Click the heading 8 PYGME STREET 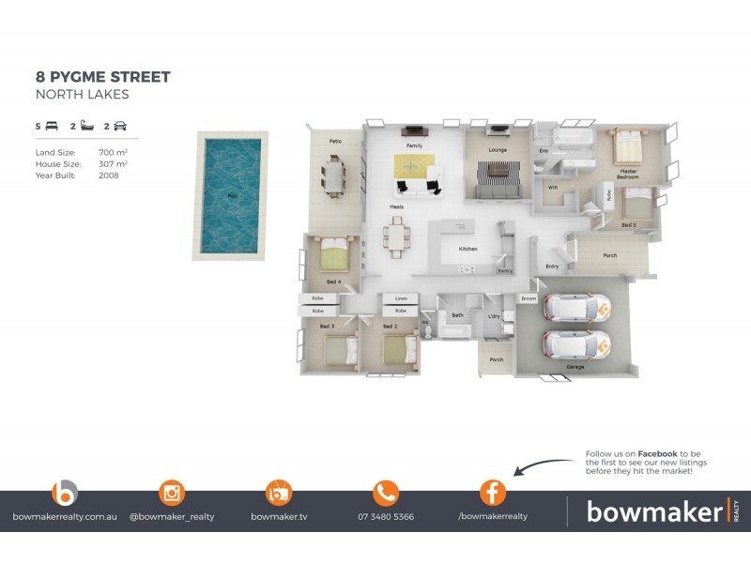102,77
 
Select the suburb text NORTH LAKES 82,95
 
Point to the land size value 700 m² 113,151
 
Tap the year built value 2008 109,175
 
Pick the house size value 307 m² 113,163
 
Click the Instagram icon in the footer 172,493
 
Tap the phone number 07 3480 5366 385,516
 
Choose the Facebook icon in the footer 493,493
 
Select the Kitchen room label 468,249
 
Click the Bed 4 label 333,281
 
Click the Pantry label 505,271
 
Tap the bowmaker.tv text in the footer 279,516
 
